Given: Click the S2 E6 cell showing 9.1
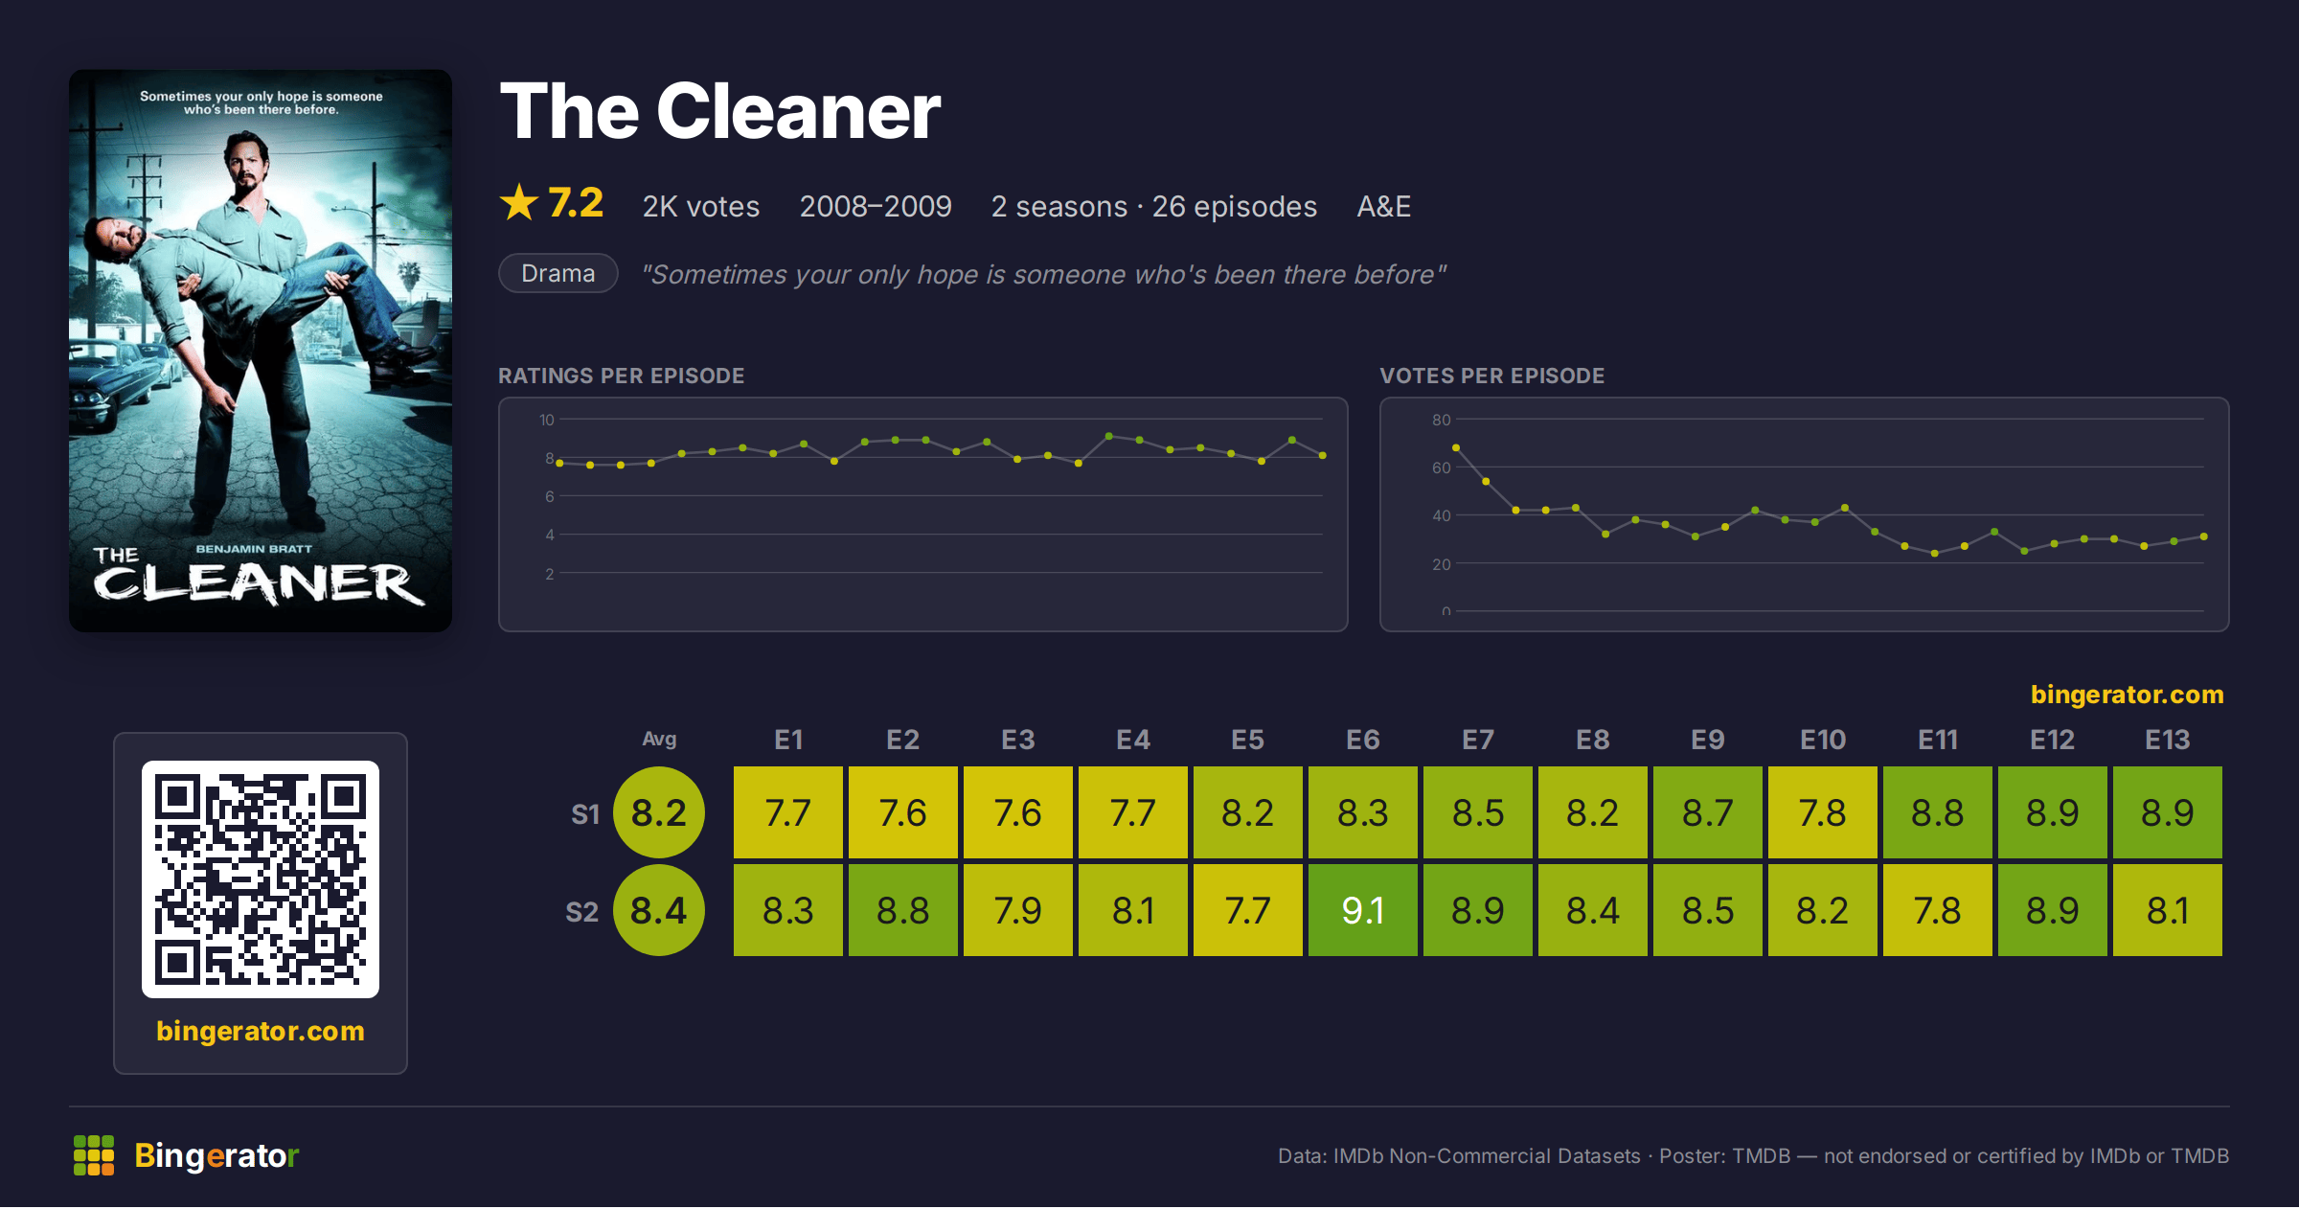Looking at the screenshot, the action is tap(1362, 910).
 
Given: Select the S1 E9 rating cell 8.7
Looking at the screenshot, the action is tap(1707, 812).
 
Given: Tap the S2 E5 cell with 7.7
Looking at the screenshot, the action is tap(1247, 910).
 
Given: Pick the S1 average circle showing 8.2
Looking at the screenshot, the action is tap(659, 812).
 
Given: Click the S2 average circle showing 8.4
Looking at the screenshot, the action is tap(659, 910).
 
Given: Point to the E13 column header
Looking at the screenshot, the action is tap(2167, 740).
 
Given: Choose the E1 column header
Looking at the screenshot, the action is tap(788, 740).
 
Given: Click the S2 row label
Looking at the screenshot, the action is tap(582, 911).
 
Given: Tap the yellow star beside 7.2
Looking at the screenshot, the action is tap(519, 202).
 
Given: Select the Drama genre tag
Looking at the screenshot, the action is tap(558, 273).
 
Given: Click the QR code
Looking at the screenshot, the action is tap(261, 879).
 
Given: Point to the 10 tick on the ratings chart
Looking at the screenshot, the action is tap(547, 420).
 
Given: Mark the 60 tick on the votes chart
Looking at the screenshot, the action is tap(1442, 468).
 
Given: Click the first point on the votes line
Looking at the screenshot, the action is tap(1456, 447).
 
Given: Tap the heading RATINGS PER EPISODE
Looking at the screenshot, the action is tap(622, 376).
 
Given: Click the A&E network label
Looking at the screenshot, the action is tap(1384, 206).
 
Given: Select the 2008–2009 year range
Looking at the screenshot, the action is tap(876, 206).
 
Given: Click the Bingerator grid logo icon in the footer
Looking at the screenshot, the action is tap(94, 1155).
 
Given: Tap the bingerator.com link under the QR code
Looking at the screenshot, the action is tap(261, 1031).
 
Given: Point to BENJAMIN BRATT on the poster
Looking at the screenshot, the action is tap(254, 549).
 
